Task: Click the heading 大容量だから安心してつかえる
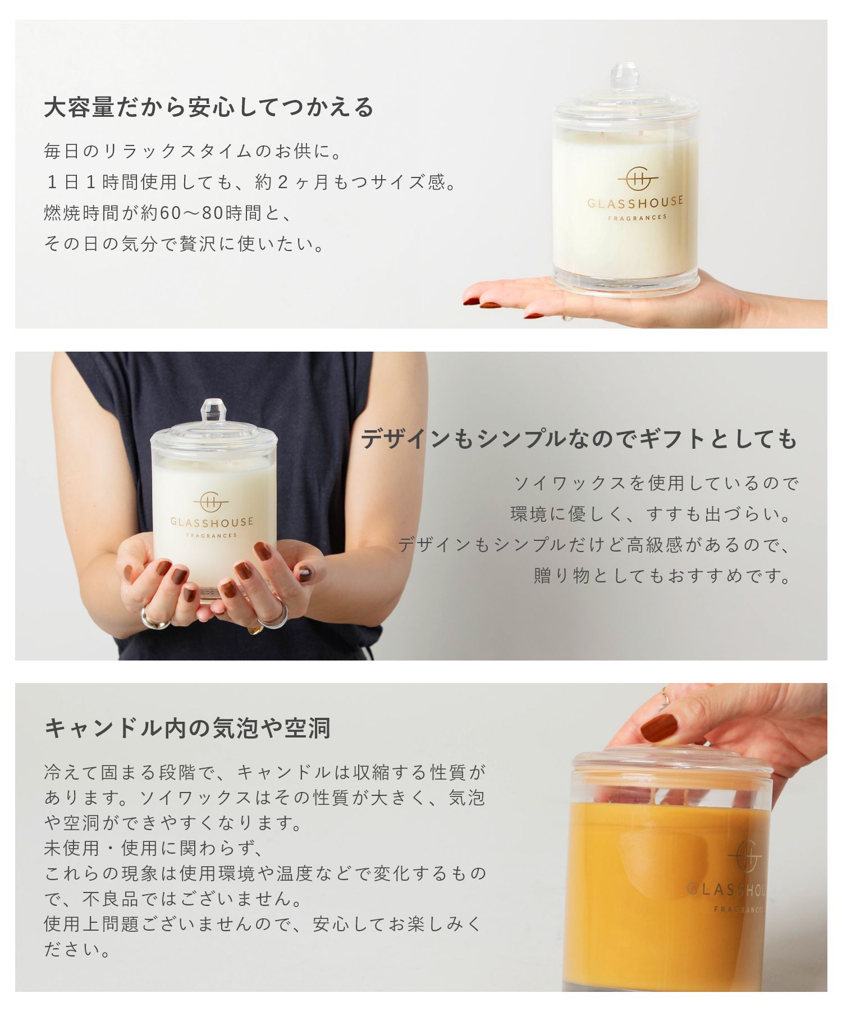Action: [208, 107]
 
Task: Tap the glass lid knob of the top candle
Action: [624, 77]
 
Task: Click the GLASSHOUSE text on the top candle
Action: [635, 202]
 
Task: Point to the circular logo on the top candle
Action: [638, 179]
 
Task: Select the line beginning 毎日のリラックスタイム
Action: [193, 151]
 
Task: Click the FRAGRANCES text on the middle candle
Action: [212, 535]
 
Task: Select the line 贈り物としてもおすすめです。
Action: [662, 576]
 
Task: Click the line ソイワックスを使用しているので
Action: [656, 483]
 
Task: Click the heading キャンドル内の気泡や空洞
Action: [187, 728]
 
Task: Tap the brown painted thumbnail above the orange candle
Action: [659, 728]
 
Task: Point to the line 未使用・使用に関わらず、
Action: [154, 848]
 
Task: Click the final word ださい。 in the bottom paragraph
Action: [77, 950]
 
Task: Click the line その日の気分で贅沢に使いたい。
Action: [185, 244]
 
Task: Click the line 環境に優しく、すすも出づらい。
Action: [651, 514]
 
